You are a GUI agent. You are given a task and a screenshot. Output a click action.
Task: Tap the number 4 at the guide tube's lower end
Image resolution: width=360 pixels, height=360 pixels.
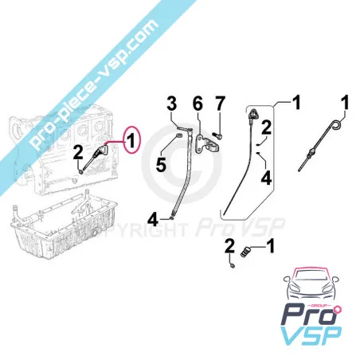click(152, 217)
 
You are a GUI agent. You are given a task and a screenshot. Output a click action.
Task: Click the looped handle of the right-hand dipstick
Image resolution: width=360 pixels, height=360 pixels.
click(339, 127)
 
